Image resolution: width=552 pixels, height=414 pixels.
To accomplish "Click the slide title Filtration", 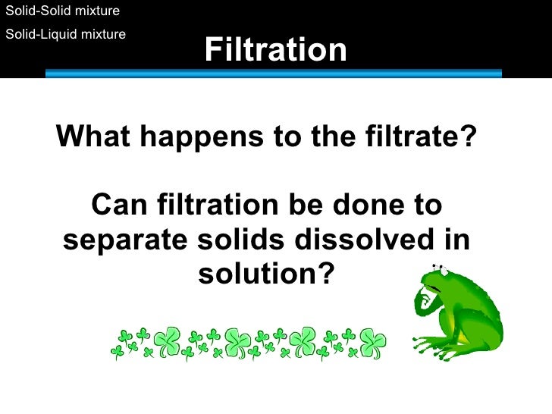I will (x=275, y=51).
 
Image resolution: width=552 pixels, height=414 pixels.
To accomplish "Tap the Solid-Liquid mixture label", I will (x=65, y=34).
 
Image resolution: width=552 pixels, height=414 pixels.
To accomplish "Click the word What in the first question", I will (x=93, y=137).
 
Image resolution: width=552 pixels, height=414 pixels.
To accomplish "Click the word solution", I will (x=259, y=274).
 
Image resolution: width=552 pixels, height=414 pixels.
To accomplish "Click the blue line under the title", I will (x=274, y=74).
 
